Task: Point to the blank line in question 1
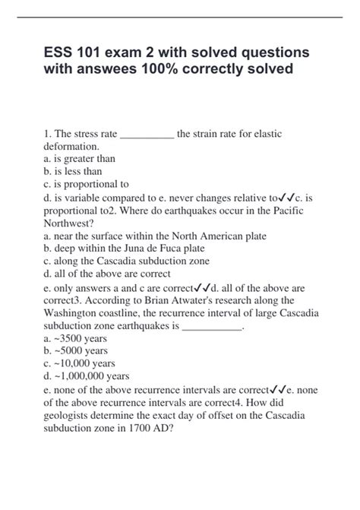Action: coord(147,134)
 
